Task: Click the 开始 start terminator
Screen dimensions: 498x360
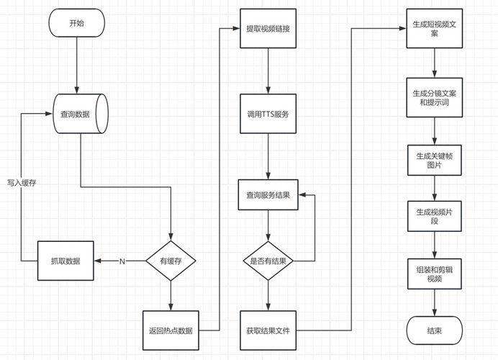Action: click(76, 23)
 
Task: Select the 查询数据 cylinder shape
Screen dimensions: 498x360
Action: click(81, 114)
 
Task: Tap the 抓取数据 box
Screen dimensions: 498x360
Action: click(65, 261)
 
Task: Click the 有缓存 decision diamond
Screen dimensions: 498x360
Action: click(171, 261)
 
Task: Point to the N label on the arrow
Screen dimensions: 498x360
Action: click(122, 261)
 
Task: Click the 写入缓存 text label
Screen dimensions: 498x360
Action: click(22, 183)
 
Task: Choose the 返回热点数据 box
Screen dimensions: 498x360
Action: click(171, 330)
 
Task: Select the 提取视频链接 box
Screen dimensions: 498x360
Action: click(268, 29)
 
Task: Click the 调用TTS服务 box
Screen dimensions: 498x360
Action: click(268, 114)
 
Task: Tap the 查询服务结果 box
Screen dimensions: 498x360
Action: click(268, 195)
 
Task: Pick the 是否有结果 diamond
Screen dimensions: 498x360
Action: click(268, 261)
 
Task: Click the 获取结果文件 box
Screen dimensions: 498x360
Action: click(268, 330)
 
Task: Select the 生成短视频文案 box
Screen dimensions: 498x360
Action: click(435, 29)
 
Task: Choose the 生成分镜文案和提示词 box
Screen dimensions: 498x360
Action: click(435, 97)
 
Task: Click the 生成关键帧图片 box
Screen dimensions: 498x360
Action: click(435, 161)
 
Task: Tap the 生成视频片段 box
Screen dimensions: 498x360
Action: click(435, 216)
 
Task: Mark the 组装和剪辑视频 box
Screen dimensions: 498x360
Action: click(435, 274)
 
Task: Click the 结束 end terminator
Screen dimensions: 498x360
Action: click(435, 330)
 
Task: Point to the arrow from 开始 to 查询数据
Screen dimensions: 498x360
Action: click(77, 66)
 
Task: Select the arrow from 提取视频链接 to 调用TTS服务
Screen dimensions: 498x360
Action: click(268, 71)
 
